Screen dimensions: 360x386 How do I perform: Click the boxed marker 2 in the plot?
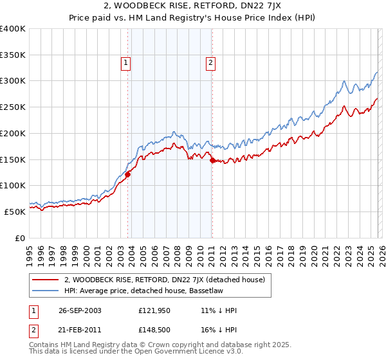pos(210,62)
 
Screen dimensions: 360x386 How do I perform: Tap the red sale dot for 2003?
pos(128,174)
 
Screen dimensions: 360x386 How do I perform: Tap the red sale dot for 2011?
pos(212,160)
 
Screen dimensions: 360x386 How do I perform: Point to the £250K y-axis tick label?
pos(13,107)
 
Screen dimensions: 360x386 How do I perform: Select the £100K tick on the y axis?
pos(13,186)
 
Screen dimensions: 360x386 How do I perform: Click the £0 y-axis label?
pos(19,238)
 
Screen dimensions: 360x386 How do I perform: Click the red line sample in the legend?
pos(46,280)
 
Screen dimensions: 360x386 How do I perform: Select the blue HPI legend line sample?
pos(46,291)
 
